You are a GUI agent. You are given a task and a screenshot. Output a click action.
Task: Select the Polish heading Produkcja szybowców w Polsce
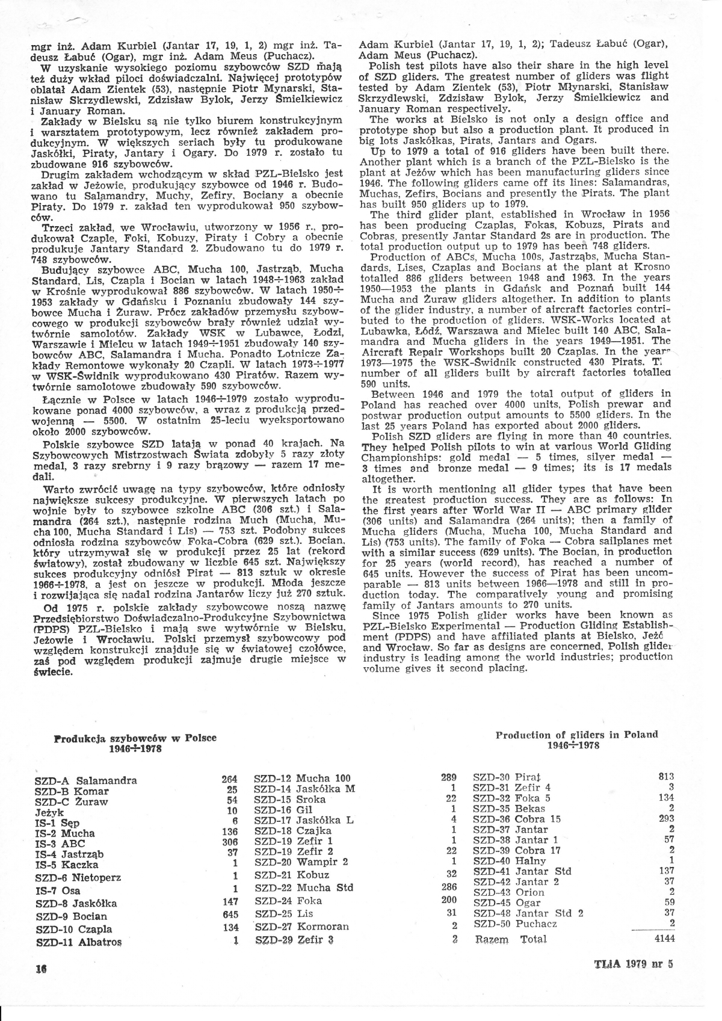point(135,738)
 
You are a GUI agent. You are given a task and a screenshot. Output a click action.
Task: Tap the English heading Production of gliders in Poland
point(576,735)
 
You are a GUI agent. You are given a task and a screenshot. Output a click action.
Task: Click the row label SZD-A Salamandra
point(86,781)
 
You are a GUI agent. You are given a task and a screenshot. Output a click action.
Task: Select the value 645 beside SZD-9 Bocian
point(230,915)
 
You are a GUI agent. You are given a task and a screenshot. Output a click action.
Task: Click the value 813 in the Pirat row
point(666,777)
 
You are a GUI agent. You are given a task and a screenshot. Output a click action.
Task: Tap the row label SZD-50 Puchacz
point(515,924)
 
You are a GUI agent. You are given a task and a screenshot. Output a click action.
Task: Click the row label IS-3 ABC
point(60,844)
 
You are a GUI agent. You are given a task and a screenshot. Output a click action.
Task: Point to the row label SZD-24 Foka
point(288,901)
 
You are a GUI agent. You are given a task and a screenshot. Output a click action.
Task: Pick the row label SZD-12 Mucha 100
point(302,779)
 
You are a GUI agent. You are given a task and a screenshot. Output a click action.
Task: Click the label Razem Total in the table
point(511,939)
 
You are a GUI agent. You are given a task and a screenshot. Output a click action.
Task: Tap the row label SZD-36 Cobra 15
point(517,819)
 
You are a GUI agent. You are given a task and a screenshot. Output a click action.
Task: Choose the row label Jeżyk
point(49,812)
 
